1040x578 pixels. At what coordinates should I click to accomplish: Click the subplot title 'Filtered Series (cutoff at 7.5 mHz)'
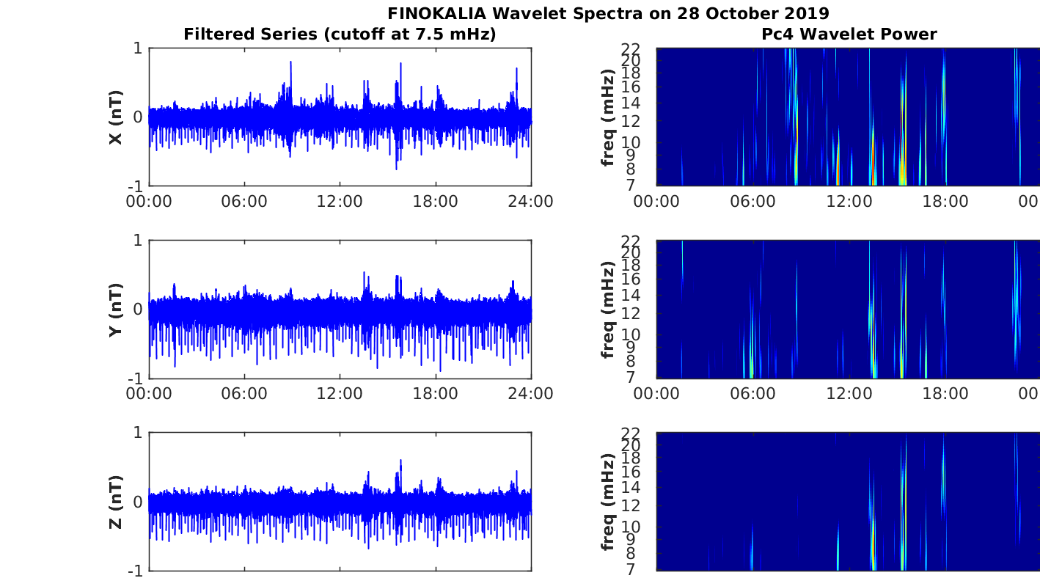tap(340, 34)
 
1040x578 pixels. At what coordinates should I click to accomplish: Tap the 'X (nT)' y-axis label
tap(116, 117)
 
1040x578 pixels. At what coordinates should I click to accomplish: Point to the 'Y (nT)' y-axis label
tap(116, 310)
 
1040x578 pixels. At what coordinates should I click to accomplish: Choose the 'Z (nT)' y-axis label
tap(116, 502)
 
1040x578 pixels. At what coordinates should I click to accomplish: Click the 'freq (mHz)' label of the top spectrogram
tap(607, 117)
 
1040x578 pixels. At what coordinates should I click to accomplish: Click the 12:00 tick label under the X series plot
tap(340, 201)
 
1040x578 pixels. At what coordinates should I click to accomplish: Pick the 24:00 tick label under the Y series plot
tap(530, 393)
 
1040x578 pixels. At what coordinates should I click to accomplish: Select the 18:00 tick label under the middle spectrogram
tap(945, 393)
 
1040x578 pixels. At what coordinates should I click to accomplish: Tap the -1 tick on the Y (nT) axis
tap(136, 378)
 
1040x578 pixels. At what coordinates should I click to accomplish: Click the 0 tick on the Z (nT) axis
tap(138, 502)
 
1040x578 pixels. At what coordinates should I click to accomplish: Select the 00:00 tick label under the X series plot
tap(149, 201)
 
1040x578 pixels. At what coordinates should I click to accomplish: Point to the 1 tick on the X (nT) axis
tap(138, 48)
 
